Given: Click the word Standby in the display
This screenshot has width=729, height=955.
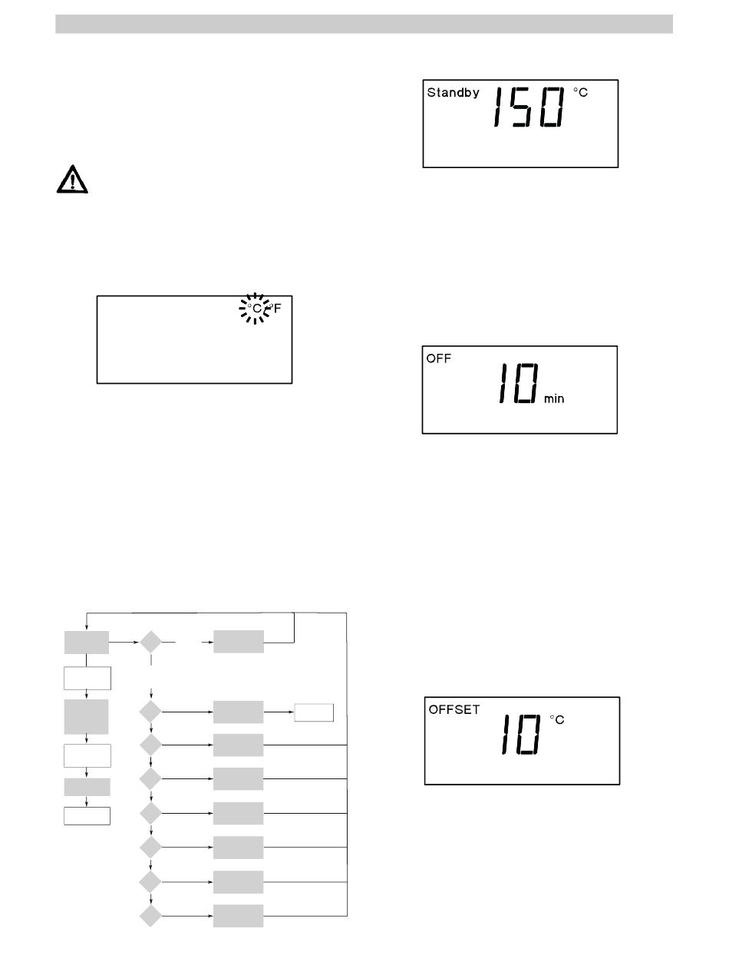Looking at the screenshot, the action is tap(453, 93).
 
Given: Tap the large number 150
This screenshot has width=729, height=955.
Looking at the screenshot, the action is tap(529, 107).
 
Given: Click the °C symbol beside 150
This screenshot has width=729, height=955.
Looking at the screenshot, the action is tap(580, 92).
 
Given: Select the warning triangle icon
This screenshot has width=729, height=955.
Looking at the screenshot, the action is tap(72, 179).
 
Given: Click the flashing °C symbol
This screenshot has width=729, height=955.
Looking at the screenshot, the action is tap(255, 309).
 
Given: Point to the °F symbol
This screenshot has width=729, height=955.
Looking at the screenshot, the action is tap(275, 309).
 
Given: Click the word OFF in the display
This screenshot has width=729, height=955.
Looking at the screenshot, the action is tap(439, 359).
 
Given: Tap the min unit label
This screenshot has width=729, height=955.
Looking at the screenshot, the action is tap(554, 398).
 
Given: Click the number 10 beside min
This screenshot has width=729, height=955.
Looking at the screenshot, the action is tap(519, 383).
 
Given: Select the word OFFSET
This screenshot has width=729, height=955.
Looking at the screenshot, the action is tap(454, 709).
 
